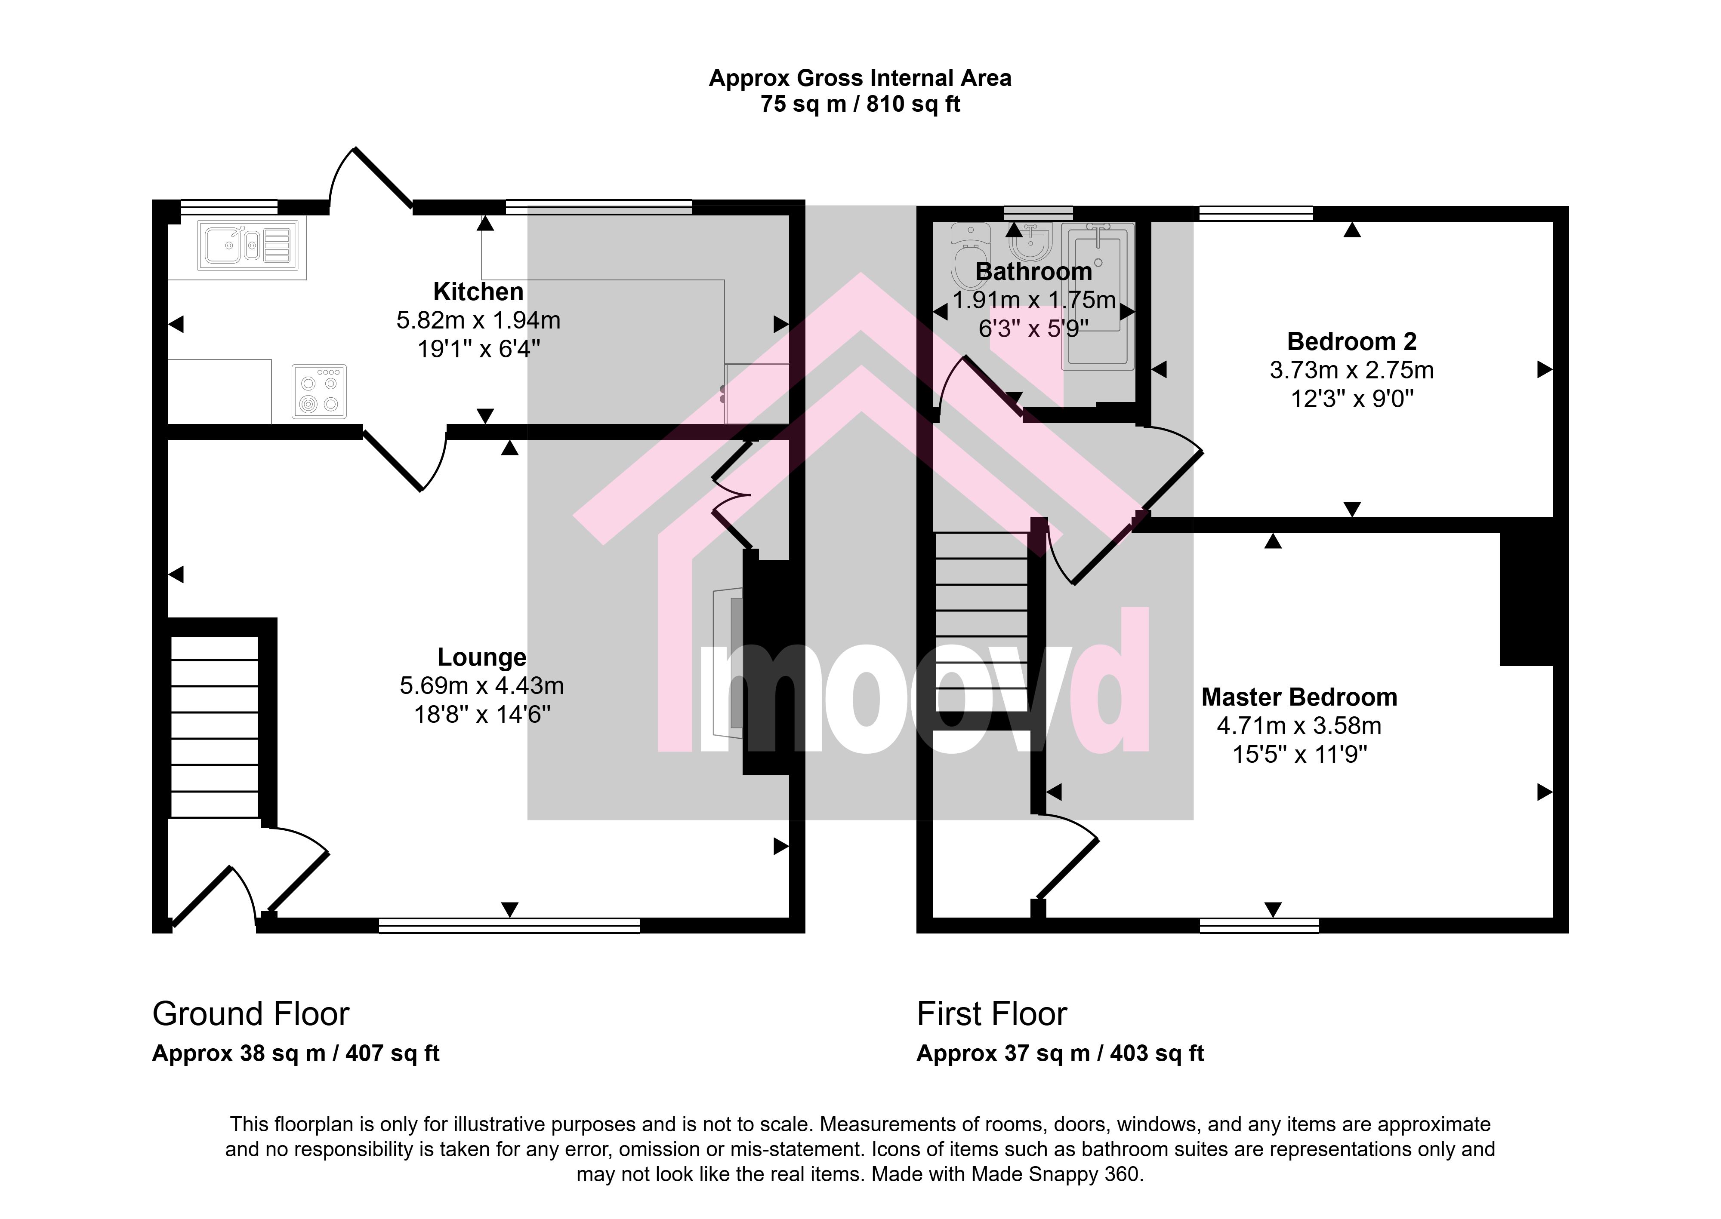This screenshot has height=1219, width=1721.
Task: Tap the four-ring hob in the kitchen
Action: click(319, 391)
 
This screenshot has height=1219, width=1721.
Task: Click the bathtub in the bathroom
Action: click(1097, 296)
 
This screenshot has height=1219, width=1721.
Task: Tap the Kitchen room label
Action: click(478, 291)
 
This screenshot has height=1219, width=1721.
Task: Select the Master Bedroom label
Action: click(1299, 697)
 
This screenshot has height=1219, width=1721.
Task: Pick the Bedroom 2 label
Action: click(1351, 341)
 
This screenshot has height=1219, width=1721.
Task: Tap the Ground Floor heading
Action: click(251, 1014)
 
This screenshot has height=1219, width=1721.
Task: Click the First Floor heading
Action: click(992, 1014)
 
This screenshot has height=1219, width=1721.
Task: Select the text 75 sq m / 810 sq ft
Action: click(860, 104)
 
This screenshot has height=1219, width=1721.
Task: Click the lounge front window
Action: click(509, 925)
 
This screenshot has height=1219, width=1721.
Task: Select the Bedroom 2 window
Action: click(1256, 213)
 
